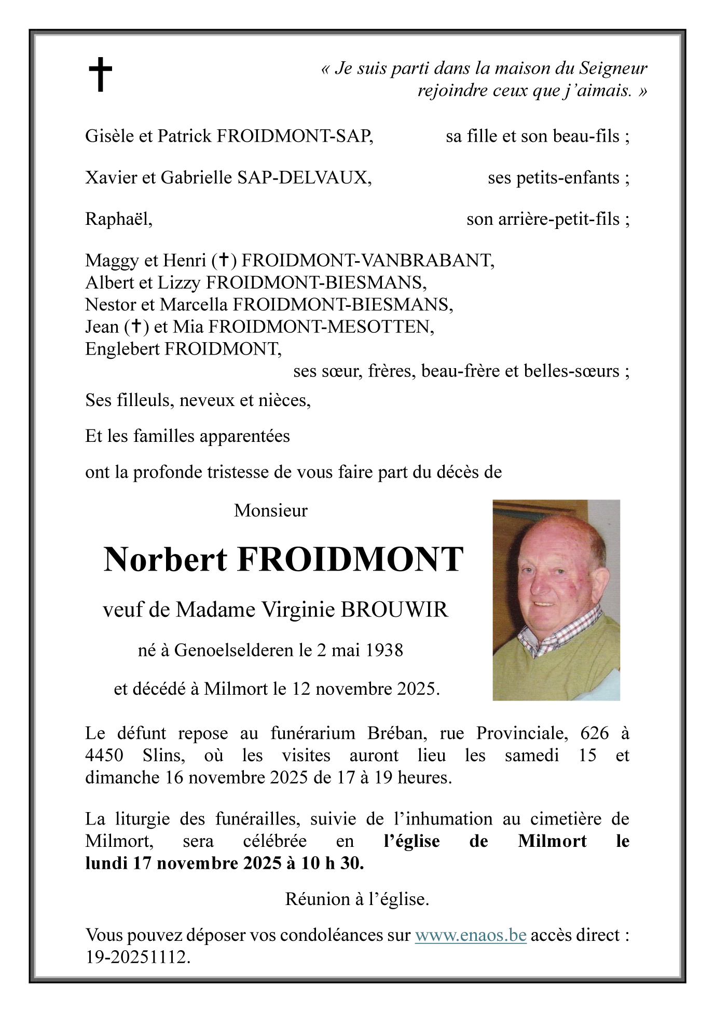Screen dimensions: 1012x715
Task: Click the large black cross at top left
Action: pyautogui.click(x=100, y=74)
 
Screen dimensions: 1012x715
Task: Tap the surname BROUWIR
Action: pyautogui.click(x=394, y=610)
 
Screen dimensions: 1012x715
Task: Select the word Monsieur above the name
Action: pyautogui.click(x=270, y=510)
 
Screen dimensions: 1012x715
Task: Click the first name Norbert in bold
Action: pyautogui.click(x=166, y=560)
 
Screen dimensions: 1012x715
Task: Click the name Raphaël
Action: pyautogui.click(x=118, y=219)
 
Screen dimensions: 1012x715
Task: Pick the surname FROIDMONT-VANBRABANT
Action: pyautogui.click(x=368, y=260)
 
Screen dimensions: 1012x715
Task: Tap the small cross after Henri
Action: pyautogui.click(x=224, y=259)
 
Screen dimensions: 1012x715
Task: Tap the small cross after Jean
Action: pyautogui.click(x=136, y=326)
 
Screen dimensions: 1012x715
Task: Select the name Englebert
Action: pyautogui.click(x=122, y=348)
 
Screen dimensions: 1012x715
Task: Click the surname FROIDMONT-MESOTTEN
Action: pyautogui.click(x=320, y=327)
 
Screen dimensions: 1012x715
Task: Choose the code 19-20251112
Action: pyautogui.click(x=137, y=957)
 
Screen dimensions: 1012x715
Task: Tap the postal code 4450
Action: pyautogui.click(x=104, y=755)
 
